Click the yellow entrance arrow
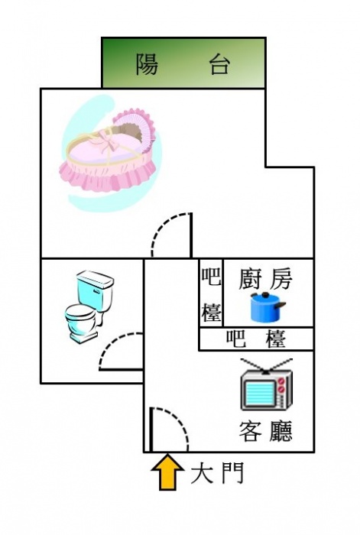pos(167,472)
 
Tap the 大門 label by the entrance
pos(217,473)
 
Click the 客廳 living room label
pos(266,431)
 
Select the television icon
pos(267,384)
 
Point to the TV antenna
pos(267,366)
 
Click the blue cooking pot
pos(267,307)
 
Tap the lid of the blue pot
pos(264,297)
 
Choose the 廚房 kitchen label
pos(265,279)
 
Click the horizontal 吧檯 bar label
pos(256,339)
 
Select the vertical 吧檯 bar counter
pos(211,295)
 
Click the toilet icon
pos(89,306)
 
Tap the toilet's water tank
pos(96,290)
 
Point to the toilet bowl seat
pos(79,313)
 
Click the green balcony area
pos(183,63)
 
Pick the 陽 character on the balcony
pos(147,64)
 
